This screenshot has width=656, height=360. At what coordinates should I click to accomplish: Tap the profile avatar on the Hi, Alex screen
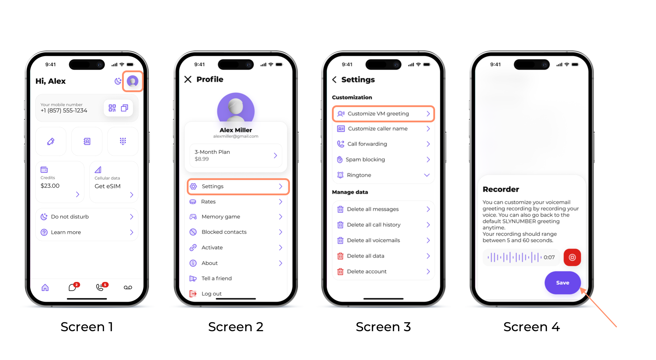click(133, 81)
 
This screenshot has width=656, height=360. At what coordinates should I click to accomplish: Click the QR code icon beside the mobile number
click(112, 108)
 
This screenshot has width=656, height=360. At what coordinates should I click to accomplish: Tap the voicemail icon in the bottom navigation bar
click(128, 287)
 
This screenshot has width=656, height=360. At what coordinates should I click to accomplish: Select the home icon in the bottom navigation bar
click(45, 287)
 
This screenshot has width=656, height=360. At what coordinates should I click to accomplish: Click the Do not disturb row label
click(70, 217)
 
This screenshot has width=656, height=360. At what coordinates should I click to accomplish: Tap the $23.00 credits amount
click(50, 186)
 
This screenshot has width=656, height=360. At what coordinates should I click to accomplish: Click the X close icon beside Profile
click(188, 79)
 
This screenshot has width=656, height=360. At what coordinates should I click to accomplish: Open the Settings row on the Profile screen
click(238, 186)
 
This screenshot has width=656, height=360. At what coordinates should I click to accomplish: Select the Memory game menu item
click(221, 217)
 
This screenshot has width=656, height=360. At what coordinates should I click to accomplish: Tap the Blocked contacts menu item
click(224, 232)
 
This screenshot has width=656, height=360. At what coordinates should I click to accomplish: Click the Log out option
click(212, 293)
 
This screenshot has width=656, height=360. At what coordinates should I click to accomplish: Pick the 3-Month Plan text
click(212, 152)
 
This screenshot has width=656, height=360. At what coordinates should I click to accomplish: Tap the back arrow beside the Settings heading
click(334, 80)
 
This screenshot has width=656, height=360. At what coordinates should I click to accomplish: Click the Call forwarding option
click(367, 144)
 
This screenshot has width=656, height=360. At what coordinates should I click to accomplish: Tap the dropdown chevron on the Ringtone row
click(427, 175)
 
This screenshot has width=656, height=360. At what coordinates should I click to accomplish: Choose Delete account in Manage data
click(367, 271)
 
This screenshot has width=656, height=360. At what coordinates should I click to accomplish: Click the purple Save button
click(562, 283)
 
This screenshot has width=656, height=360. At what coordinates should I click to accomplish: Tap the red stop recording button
click(572, 257)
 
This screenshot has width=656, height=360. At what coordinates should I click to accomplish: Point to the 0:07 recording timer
click(549, 257)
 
